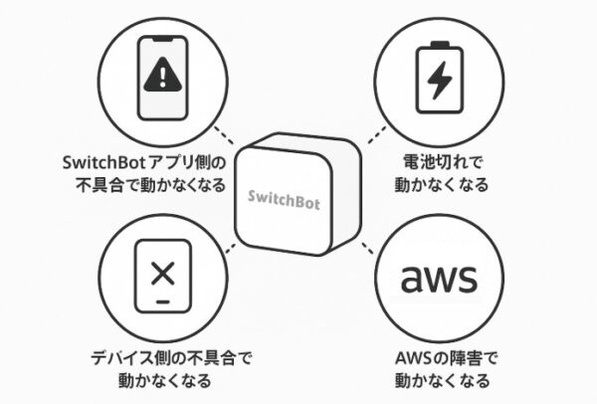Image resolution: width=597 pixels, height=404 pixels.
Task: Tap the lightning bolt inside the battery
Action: [x=438, y=74]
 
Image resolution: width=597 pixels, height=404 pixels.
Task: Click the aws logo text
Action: [x=438, y=279]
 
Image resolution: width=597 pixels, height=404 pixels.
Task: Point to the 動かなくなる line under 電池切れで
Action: [x=439, y=184]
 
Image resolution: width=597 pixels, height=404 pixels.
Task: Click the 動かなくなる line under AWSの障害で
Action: [x=439, y=381]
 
